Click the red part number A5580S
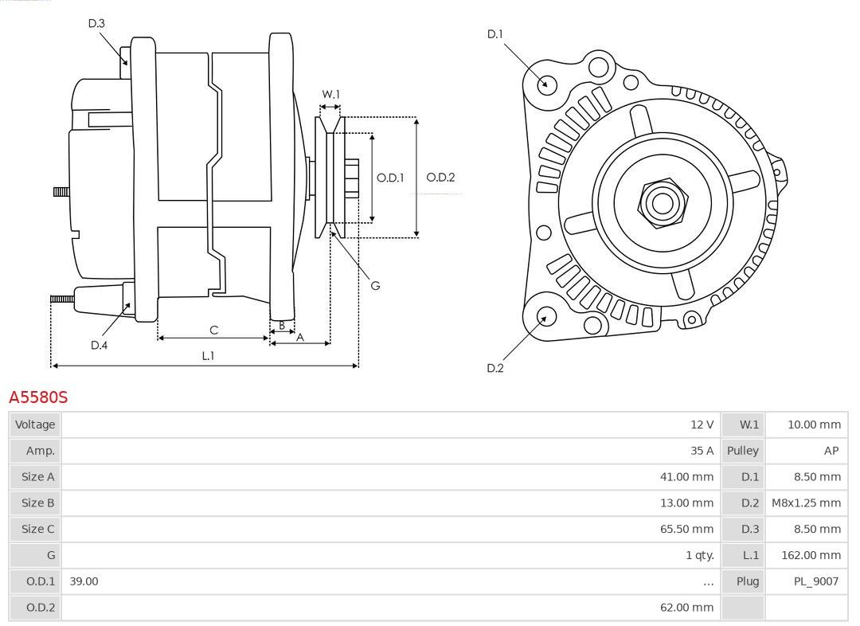[x=38, y=397]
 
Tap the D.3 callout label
[x=96, y=23]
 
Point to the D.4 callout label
[x=99, y=345]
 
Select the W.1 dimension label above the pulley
[x=330, y=94]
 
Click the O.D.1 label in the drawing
[x=390, y=178]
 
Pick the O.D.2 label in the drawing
[x=440, y=178]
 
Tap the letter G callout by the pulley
[x=375, y=285]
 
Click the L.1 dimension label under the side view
[x=208, y=355]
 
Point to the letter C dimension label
[x=214, y=330]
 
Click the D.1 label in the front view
[x=494, y=34]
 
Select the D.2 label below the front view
[x=494, y=368]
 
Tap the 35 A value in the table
[x=702, y=451]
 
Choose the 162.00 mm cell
[x=811, y=555]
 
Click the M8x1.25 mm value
[x=806, y=503]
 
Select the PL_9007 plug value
[x=816, y=581]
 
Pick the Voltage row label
[x=35, y=424]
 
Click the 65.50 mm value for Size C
[x=686, y=529]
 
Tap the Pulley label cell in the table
[x=743, y=451]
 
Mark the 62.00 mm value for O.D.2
[x=686, y=608]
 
